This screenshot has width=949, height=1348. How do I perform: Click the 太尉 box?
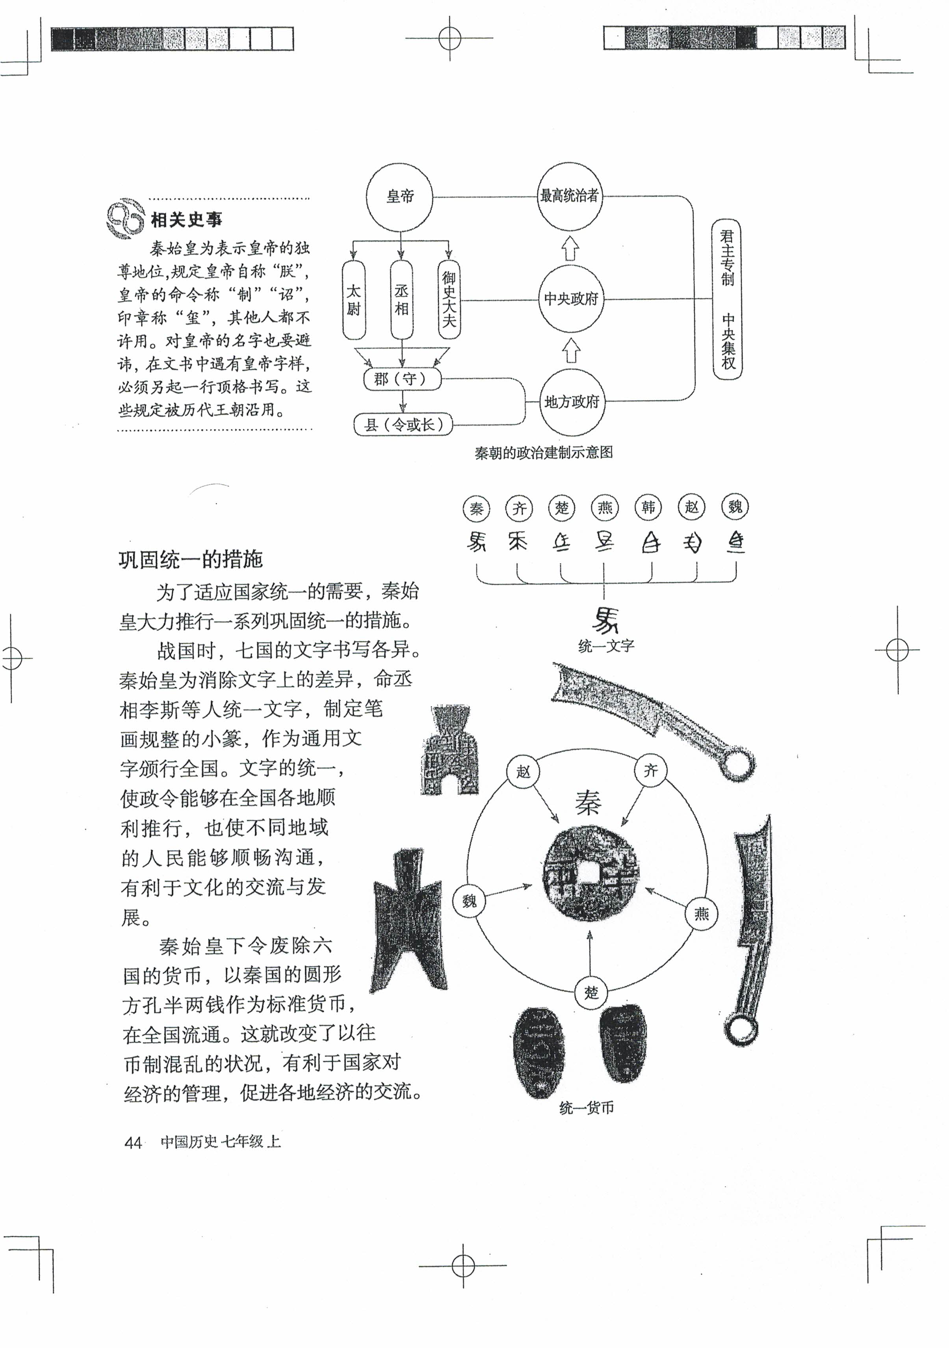pos(353,300)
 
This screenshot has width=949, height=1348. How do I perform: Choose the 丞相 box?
pos(401,300)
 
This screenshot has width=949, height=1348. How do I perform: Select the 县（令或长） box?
pos(403,424)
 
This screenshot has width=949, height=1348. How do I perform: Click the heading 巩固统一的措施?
pos(190,560)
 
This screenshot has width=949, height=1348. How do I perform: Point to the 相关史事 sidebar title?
pos(186,220)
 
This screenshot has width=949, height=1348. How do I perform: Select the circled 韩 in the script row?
pos(648,507)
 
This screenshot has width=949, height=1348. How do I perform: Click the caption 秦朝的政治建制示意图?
pos(544,453)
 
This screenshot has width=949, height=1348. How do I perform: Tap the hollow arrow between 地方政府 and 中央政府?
pos(570,351)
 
